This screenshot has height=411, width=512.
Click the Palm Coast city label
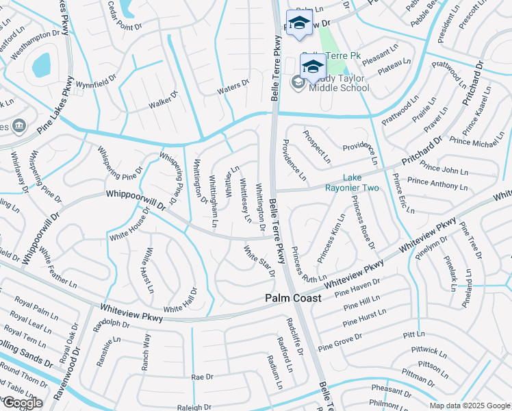click(293, 299)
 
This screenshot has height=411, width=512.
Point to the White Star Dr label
click(259, 261)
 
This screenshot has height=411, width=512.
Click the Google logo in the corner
click(22, 403)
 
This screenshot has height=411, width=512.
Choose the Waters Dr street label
click(233, 86)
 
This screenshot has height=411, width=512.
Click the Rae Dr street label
click(203, 377)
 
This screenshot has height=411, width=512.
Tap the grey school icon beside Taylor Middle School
click(298, 83)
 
